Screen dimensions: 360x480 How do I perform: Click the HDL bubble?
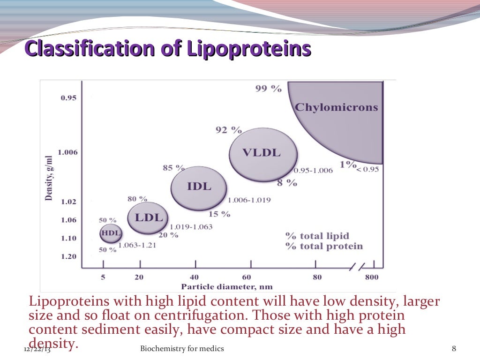tap(111, 233)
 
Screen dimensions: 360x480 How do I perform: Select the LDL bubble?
tap(148, 217)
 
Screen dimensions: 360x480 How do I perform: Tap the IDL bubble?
tap(199, 186)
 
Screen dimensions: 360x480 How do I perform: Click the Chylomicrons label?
tap(336, 107)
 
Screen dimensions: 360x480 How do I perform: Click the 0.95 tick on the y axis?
tap(68, 98)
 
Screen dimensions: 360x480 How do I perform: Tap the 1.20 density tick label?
tap(68, 256)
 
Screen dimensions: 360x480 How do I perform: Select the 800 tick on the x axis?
tap(371, 277)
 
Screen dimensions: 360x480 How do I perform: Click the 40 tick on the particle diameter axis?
tap(194, 277)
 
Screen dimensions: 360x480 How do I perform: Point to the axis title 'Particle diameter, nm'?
tap(227, 286)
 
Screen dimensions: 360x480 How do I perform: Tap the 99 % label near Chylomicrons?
tap(268, 88)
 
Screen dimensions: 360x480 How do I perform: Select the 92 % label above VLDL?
tap(228, 130)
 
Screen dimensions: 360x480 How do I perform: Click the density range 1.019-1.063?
tap(191, 227)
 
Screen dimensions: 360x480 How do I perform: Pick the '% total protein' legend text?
tap(324, 246)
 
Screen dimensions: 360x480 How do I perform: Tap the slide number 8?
tap(453, 348)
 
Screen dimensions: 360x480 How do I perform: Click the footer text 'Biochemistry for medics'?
tap(182, 348)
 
